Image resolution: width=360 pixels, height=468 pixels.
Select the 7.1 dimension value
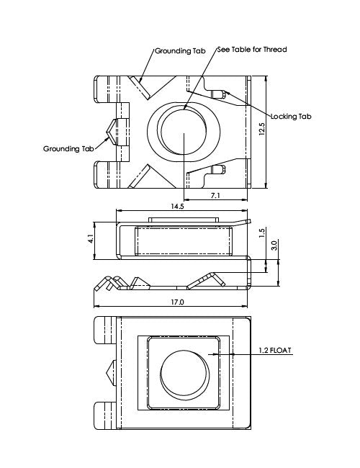point(215,195)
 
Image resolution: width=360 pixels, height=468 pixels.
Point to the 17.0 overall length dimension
point(178,302)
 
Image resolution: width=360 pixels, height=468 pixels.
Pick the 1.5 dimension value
point(264,233)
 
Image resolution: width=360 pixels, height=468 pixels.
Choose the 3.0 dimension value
point(274,246)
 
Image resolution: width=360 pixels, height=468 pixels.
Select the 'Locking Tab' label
point(291,117)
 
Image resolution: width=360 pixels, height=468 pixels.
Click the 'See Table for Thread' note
point(251,50)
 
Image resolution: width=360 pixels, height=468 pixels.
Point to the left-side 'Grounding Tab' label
point(69,149)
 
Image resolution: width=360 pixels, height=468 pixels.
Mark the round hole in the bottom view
point(183,374)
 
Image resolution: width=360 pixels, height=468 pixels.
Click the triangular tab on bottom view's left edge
point(111,374)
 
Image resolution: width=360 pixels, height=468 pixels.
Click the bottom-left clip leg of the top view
point(106,174)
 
